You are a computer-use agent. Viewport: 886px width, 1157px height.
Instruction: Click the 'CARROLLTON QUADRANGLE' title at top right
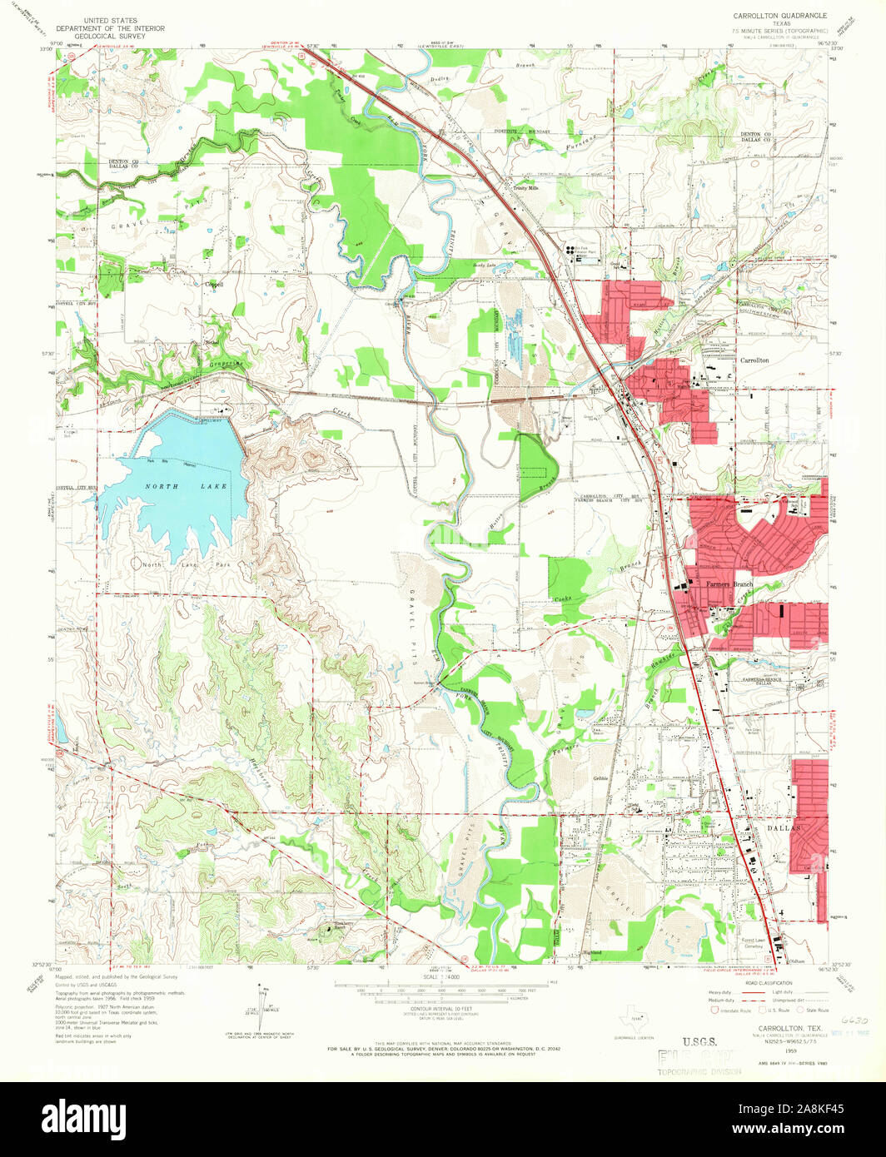[x=779, y=16]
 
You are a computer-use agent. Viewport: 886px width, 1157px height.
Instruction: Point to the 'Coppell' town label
[x=215, y=284]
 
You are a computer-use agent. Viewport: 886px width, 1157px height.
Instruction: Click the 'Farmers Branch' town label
[x=729, y=584]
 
